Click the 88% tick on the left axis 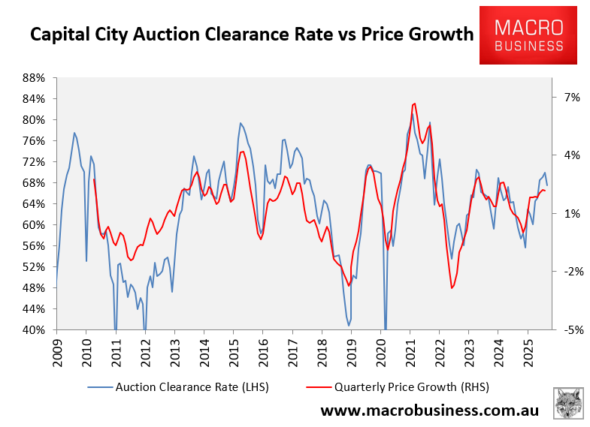point(35,78)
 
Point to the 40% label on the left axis point(35,330)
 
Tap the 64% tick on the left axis point(35,204)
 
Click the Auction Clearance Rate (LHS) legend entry point(178,387)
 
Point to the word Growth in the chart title point(437,35)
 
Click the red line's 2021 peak point(414,104)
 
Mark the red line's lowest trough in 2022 point(452,288)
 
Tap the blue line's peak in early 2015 point(241,123)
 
